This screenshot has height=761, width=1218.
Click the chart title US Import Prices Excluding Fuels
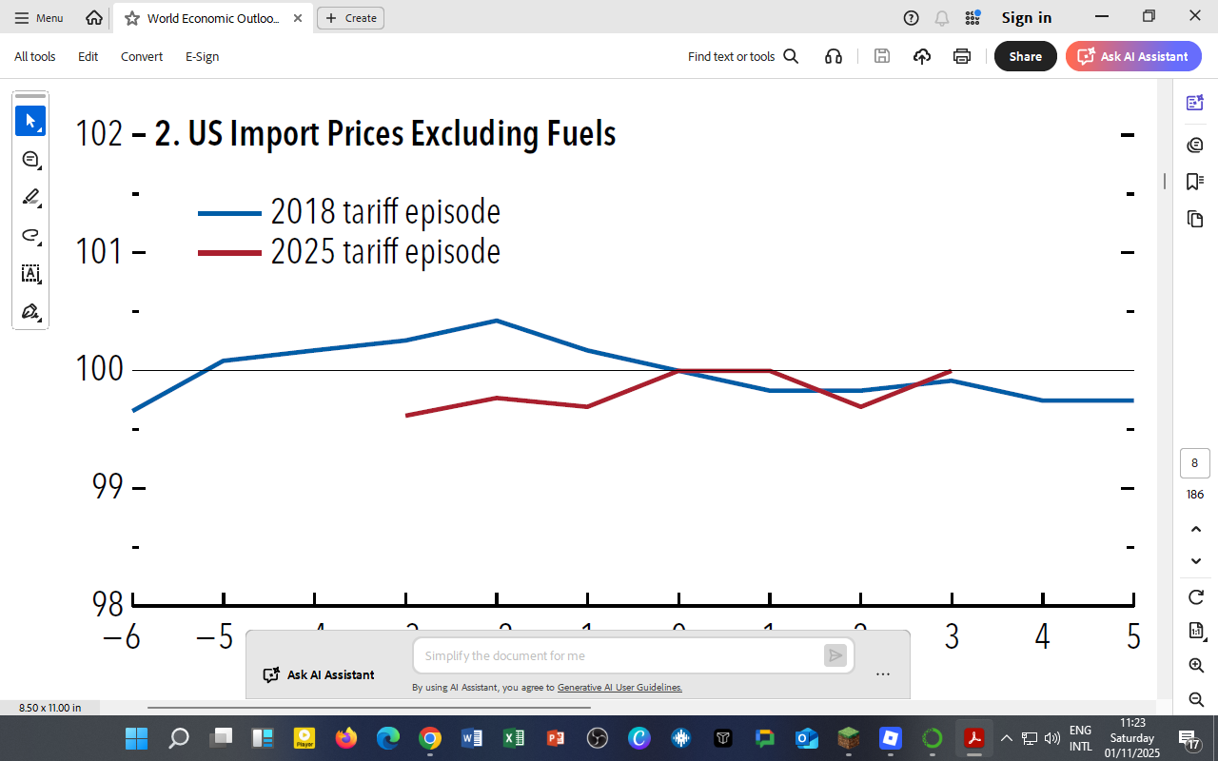pyautogui.click(x=384, y=134)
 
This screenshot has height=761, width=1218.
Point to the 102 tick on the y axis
pyautogui.click(x=99, y=134)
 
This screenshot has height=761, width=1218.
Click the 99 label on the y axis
pyautogui.click(x=108, y=486)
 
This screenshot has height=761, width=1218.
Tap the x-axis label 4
pyautogui.click(x=1043, y=636)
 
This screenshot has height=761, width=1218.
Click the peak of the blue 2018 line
pyautogui.click(x=497, y=321)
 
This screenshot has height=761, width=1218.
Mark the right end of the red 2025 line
pyautogui.click(x=951, y=371)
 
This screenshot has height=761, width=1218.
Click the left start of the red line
pyautogui.click(x=406, y=416)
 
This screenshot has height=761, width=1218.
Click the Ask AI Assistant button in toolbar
pyautogui.click(x=1133, y=56)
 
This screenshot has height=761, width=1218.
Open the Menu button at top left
pyautogui.click(x=39, y=18)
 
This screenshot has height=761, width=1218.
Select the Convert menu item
pyautogui.click(x=142, y=56)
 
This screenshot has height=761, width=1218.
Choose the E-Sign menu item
pyautogui.click(x=202, y=56)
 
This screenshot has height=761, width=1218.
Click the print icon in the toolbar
pyautogui.click(x=962, y=56)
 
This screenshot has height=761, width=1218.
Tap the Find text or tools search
pyautogui.click(x=742, y=56)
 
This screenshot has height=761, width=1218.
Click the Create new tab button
pyautogui.click(x=350, y=18)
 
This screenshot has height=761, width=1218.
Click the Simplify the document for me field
pyautogui.click(x=619, y=655)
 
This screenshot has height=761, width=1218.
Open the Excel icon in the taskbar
pyautogui.click(x=514, y=738)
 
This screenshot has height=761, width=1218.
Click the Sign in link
pyautogui.click(x=1026, y=18)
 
